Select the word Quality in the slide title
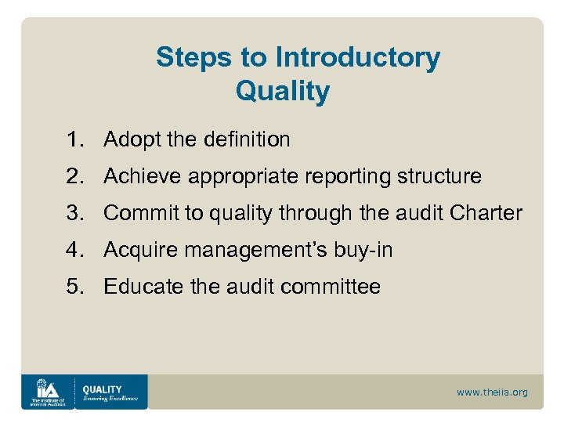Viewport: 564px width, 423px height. [x=282, y=92]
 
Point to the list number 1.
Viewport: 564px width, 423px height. [x=75, y=140]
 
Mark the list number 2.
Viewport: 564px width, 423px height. [x=75, y=177]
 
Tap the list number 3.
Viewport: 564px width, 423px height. [x=75, y=213]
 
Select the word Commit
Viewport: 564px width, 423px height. [x=136, y=213]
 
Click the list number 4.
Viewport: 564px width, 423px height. [x=75, y=250]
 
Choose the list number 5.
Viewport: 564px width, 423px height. [x=75, y=287]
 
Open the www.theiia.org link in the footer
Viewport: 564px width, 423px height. [x=492, y=392]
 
